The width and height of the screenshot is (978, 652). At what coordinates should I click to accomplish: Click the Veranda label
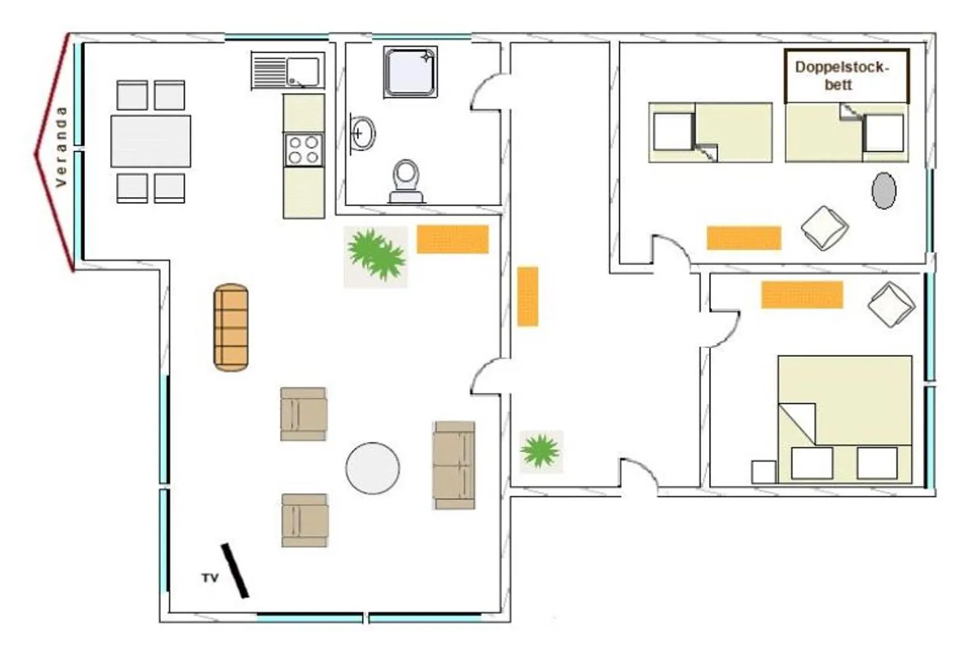[61, 147]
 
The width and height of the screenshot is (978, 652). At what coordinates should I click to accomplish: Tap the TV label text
[210, 578]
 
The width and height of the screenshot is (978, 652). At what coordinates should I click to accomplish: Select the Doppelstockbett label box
[846, 75]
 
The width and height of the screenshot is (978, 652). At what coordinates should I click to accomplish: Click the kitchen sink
[287, 71]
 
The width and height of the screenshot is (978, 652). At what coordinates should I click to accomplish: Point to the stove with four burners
[304, 150]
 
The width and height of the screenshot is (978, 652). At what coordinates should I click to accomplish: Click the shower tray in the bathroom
[410, 71]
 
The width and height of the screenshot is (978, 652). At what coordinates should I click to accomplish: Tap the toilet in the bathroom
[406, 181]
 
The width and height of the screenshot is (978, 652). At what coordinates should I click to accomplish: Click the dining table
[151, 141]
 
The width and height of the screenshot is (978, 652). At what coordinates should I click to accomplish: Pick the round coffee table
[372, 468]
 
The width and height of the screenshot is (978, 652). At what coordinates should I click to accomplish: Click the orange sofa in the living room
[231, 328]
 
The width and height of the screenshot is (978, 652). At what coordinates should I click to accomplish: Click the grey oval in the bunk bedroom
[884, 191]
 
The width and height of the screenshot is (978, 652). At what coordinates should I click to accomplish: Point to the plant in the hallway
[541, 451]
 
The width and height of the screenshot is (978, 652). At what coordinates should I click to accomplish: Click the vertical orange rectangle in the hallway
[528, 296]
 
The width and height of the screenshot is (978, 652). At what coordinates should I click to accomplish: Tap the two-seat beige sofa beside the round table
[454, 465]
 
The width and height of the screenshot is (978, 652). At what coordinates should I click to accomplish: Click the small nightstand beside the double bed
[763, 473]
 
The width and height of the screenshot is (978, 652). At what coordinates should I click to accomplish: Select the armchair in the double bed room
[891, 305]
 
